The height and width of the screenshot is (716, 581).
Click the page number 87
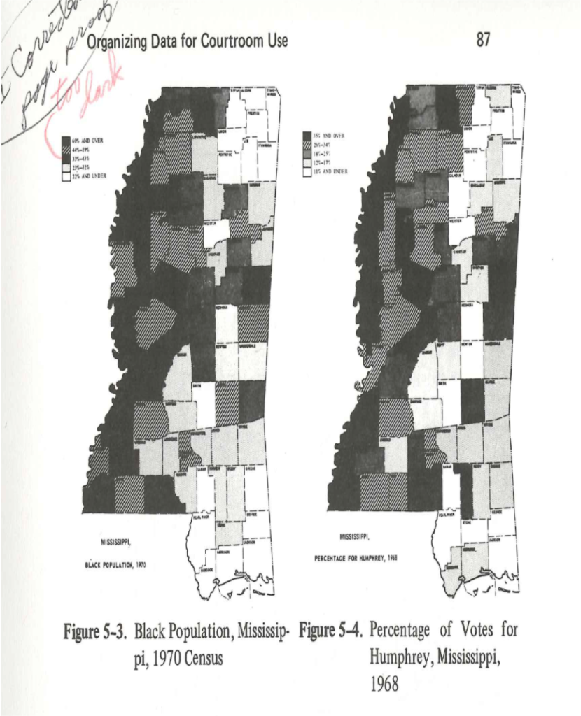482,42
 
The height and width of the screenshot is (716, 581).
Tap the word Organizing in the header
117,42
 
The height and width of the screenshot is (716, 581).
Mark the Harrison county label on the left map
222,552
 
